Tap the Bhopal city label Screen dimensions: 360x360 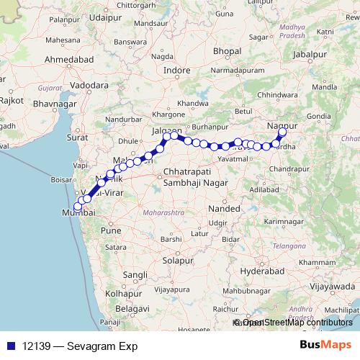[227, 51]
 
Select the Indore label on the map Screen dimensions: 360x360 [177, 71]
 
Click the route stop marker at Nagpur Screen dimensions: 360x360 [282, 132]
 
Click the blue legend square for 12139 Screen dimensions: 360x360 [11, 345]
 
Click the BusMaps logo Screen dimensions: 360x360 [325, 345]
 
